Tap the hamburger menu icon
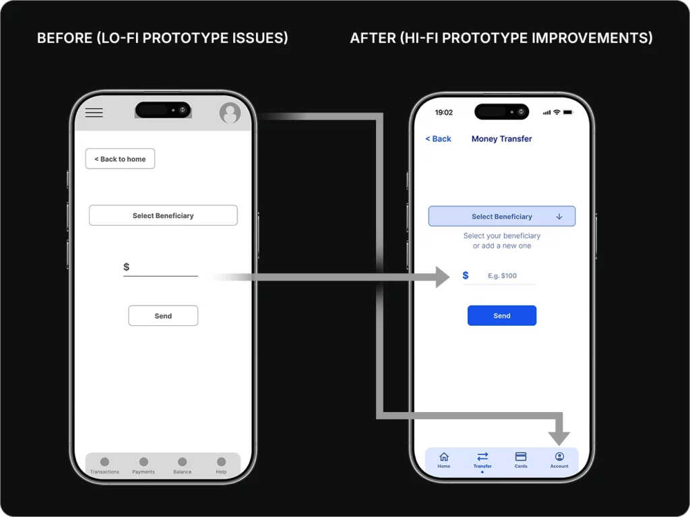(x=94, y=112)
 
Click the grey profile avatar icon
(x=230, y=112)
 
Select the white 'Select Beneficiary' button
(x=163, y=215)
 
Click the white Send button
(x=163, y=316)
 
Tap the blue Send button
(x=501, y=316)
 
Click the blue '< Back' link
(x=438, y=139)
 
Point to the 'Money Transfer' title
(x=501, y=139)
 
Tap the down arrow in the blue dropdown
(x=559, y=216)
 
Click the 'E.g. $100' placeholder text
(x=502, y=275)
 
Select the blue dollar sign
(x=466, y=275)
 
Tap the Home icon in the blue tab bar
(x=444, y=457)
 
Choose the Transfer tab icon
(x=482, y=456)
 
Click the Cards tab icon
(x=521, y=456)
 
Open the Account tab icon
(x=559, y=456)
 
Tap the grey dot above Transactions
(x=104, y=462)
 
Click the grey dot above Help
(x=221, y=462)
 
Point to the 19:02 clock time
(x=443, y=112)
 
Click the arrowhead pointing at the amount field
(x=442, y=277)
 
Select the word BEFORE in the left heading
(x=65, y=38)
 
